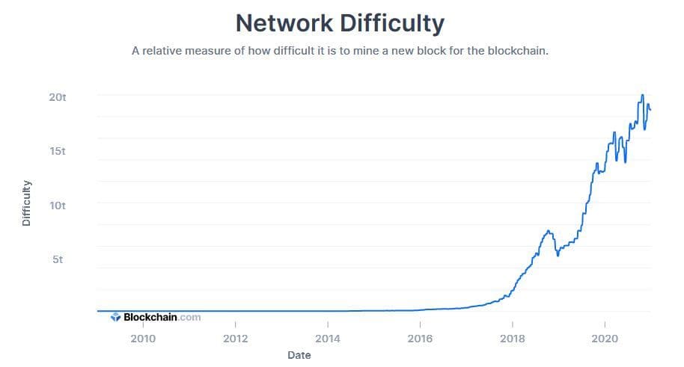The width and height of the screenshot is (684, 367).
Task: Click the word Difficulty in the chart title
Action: pyautogui.click(x=392, y=22)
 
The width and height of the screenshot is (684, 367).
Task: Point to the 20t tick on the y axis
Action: pyautogui.click(x=58, y=97)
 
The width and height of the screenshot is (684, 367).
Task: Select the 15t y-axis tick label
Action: pyautogui.click(x=58, y=151)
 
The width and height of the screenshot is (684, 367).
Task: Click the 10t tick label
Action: pyautogui.click(x=58, y=205)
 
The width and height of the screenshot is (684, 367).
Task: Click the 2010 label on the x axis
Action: pyautogui.click(x=143, y=338)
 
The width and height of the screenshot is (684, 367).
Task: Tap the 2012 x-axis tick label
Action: pyautogui.click(x=235, y=338)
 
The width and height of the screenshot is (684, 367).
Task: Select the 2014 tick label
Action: pyautogui.click(x=327, y=338)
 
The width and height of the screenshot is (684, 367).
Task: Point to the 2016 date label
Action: pyautogui.click(x=420, y=338)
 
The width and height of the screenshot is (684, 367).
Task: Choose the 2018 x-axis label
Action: pyautogui.click(x=512, y=338)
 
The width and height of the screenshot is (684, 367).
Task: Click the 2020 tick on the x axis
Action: pyautogui.click(x=604, y=338)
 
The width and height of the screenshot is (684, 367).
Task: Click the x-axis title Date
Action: pyautogui.click(x=299, y=355)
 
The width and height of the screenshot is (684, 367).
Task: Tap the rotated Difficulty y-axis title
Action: pyautogui.click(x=27, y=203)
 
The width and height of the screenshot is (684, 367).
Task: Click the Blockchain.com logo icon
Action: pyautogui.click(x=115, y=317)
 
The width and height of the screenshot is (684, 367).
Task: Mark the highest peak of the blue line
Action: pyautogui.click(x=642, y=95)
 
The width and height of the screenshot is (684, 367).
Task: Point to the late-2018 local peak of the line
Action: pyautogui.click(x=549, y=231)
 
